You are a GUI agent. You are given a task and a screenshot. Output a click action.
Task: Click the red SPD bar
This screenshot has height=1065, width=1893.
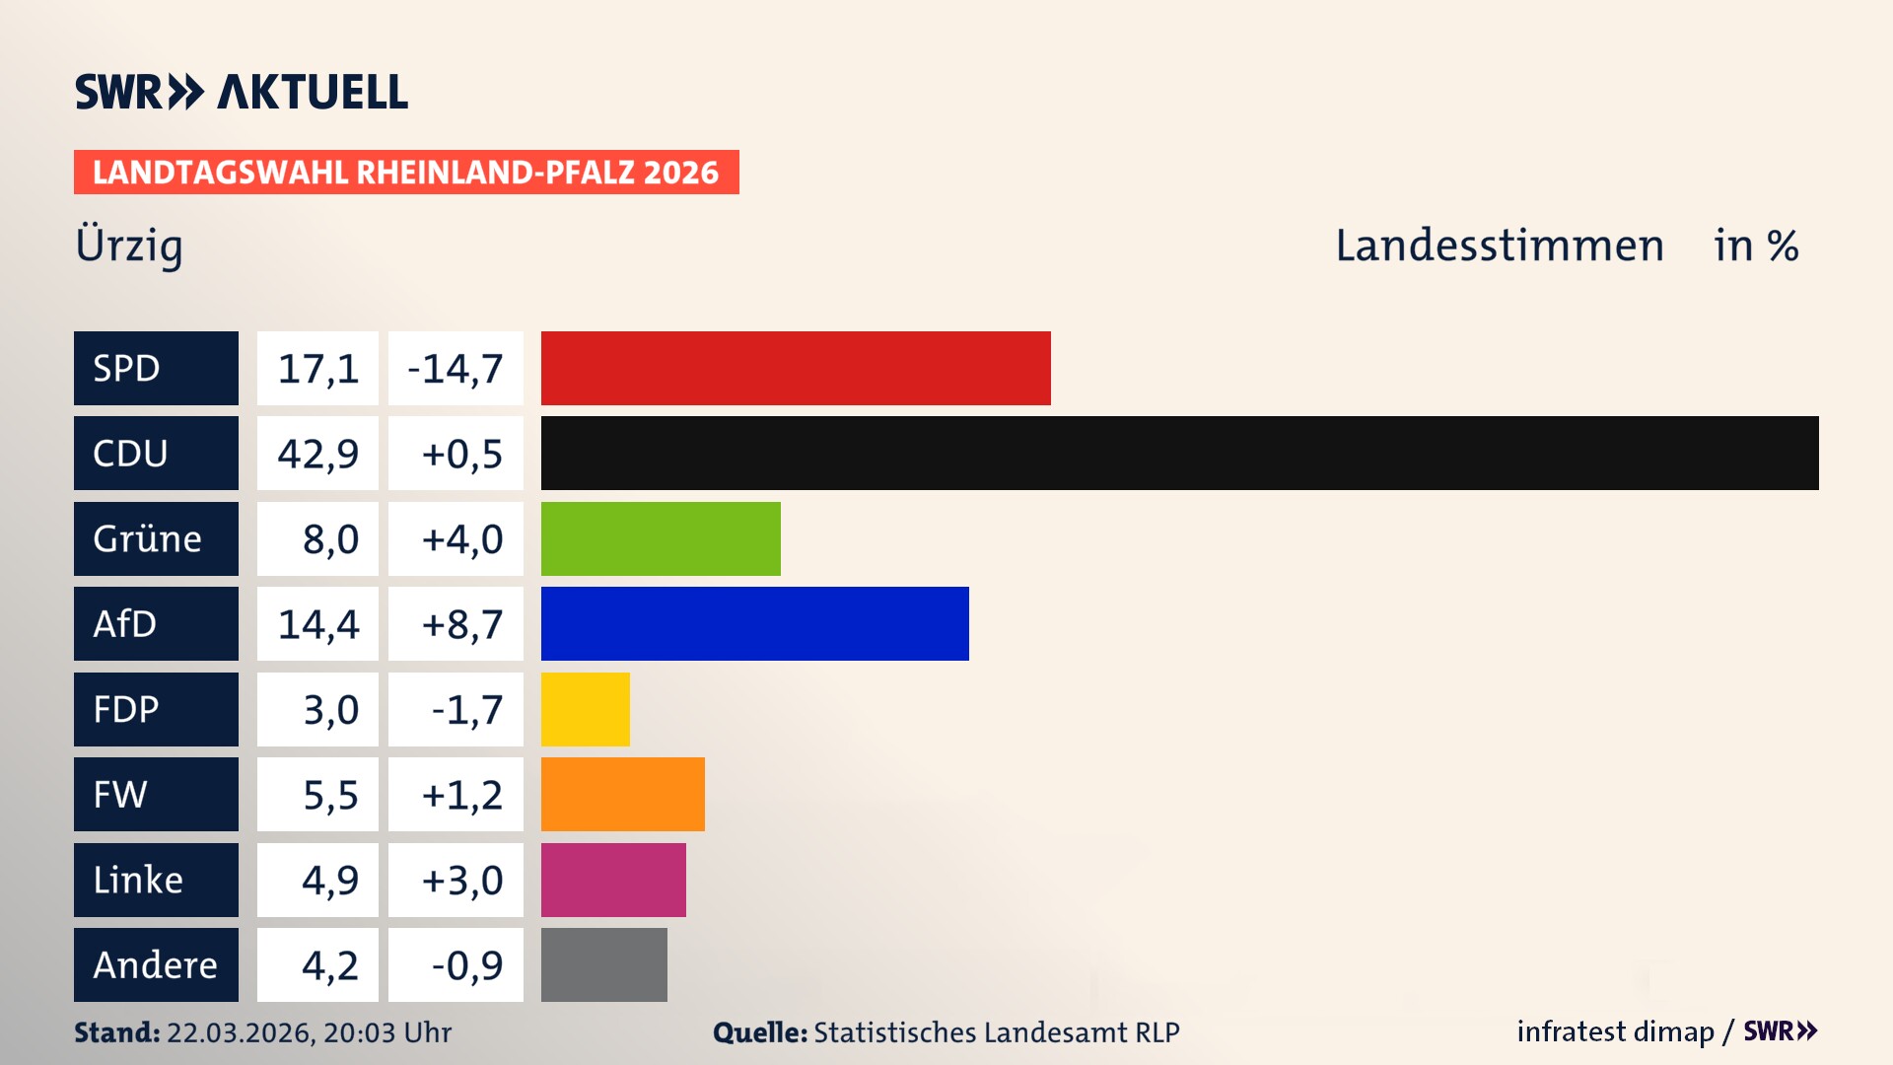[x=796, y=368]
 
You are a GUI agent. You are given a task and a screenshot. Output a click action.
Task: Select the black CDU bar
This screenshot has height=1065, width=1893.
[x=1179, y=453]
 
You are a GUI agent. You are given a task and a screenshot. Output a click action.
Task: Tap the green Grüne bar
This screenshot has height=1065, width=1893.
[x=661, y=538]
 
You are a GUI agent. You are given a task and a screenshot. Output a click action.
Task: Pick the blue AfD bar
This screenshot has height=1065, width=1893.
[x=754, y=623]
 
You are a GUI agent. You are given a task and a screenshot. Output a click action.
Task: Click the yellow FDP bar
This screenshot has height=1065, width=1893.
[x=585, y=709]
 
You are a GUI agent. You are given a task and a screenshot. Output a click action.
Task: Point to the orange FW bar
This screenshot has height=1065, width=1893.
[x=622, y=794]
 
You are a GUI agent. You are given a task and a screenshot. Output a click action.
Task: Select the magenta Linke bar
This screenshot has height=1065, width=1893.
[x=613, y=880]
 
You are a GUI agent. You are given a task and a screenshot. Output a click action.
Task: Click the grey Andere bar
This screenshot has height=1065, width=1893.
[x=603, y=964]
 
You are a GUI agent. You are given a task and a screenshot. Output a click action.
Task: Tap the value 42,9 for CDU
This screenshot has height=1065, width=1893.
[x=317, y=454]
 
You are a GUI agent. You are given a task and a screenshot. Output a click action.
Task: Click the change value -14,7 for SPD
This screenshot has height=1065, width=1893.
[x=456, y=369]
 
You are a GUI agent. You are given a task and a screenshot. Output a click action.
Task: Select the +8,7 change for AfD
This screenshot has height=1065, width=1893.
[x=461, y=624]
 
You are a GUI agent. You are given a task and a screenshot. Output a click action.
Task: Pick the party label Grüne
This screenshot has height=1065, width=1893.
[x=148, y=539]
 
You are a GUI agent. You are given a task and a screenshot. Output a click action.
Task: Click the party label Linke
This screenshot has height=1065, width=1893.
[x=138, y=880]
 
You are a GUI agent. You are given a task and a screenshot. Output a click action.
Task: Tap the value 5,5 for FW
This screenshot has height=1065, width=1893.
[x=330, y=795]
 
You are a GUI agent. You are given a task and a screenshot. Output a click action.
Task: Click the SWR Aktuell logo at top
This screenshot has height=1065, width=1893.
[x=242, y=92]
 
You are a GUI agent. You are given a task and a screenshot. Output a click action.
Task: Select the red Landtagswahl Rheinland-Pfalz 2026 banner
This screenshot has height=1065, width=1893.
[x=406, y=173]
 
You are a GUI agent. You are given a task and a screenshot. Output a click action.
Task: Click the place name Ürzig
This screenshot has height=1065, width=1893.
[x=129, y=246]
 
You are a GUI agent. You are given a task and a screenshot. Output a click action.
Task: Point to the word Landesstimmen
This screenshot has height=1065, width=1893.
[x=1499, y=246]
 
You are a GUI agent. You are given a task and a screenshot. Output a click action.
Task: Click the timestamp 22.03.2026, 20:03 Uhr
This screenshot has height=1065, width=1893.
[x=309, y=1032]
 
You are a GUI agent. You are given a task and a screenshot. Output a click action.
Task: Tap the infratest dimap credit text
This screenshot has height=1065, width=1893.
[x=1615, y=1031]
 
